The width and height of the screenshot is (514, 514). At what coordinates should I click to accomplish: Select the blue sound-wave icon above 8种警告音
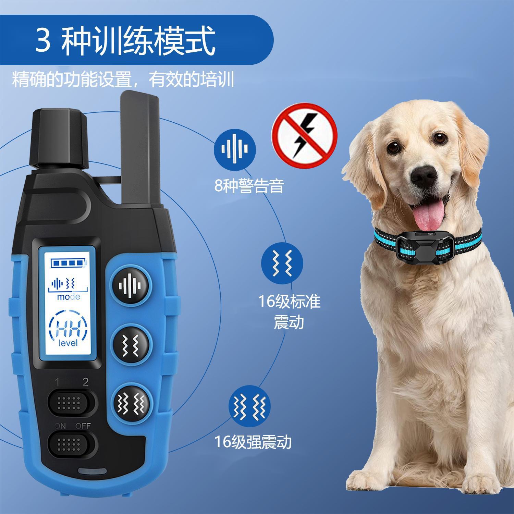(x=235, y=149)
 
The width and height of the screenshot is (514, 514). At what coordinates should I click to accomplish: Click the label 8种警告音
(x=249, y=186)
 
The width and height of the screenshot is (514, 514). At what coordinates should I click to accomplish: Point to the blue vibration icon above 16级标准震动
(x=282, y=264)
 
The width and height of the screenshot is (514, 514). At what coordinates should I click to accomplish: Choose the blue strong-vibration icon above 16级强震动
(x=249, y=406)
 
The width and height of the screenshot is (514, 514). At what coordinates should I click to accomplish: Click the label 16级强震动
(x=253, y=442)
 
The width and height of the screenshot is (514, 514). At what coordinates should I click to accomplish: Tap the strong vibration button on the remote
(x=132, y=402)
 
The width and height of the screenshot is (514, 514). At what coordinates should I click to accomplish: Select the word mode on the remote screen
(x=69, y=297)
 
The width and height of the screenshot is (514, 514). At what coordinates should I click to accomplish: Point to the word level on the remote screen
(x=68, y=343)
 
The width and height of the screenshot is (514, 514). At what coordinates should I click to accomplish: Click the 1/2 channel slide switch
(x=71, y=403)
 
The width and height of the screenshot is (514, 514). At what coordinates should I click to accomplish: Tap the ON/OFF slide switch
(x=71, y=444)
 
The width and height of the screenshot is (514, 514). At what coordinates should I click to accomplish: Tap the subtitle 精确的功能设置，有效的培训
(x=123, y=80)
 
